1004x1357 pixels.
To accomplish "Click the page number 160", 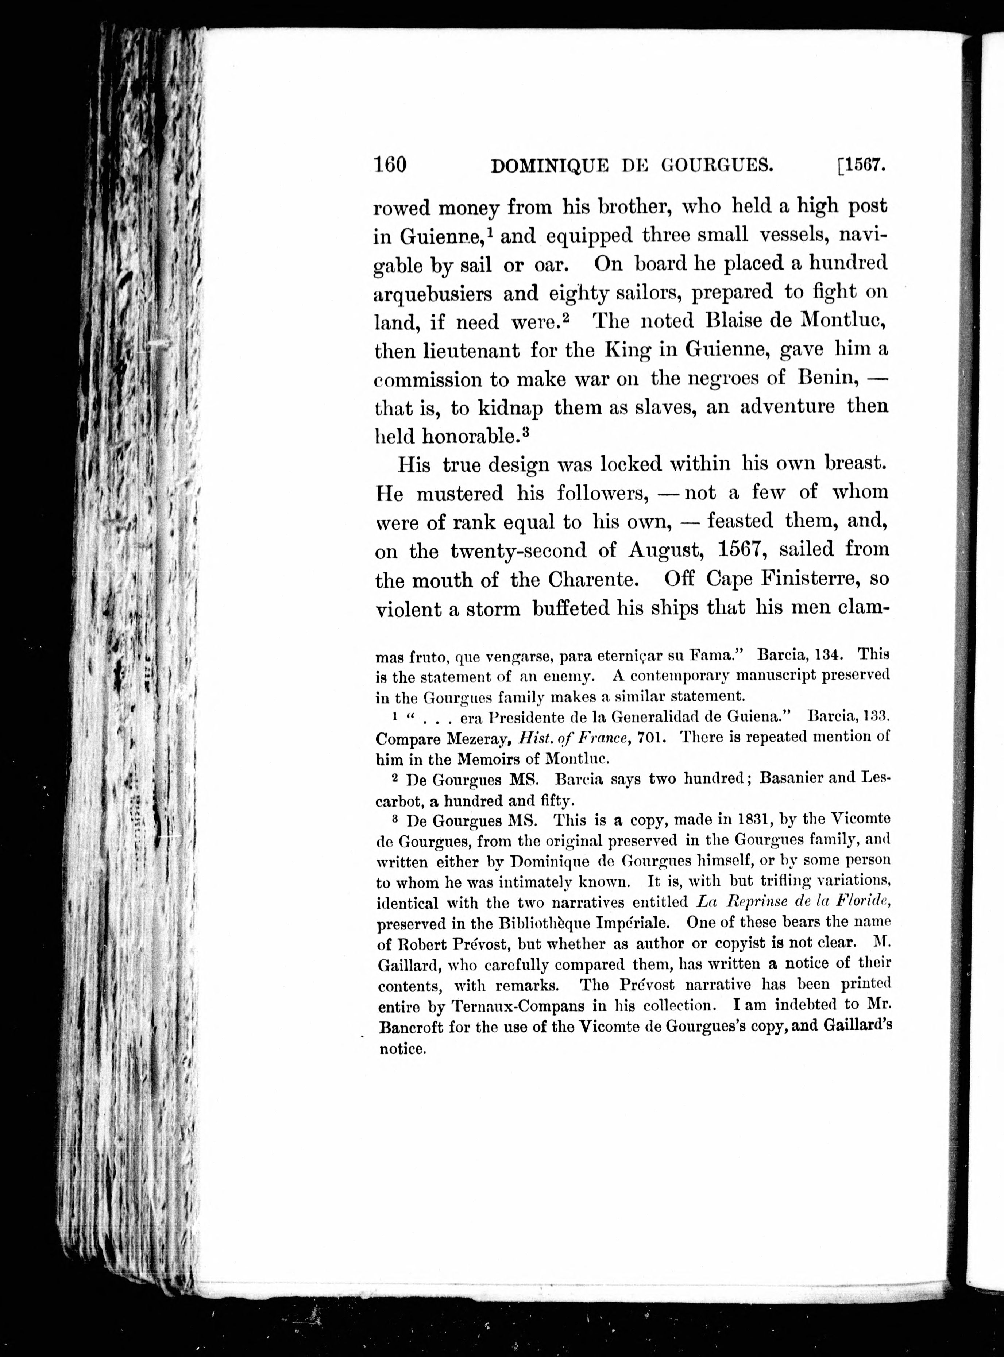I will click(x=390, y=165).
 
